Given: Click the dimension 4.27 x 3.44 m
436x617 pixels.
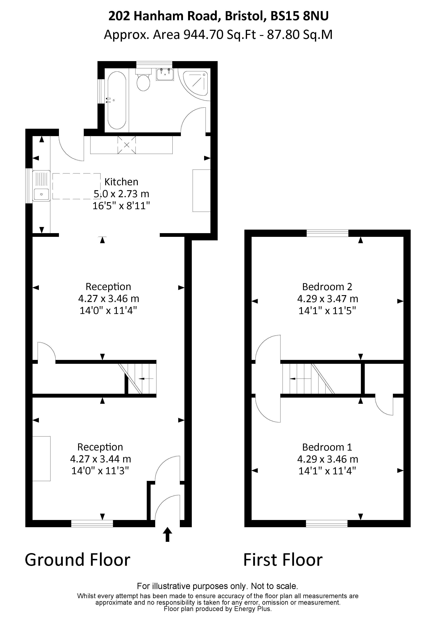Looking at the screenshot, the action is click(100, 459).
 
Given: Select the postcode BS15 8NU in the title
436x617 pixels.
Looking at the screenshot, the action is click(299, 16).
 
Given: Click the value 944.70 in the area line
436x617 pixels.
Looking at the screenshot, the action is click(203, 35).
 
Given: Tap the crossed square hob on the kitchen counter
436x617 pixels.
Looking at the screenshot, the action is click(127, 145).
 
